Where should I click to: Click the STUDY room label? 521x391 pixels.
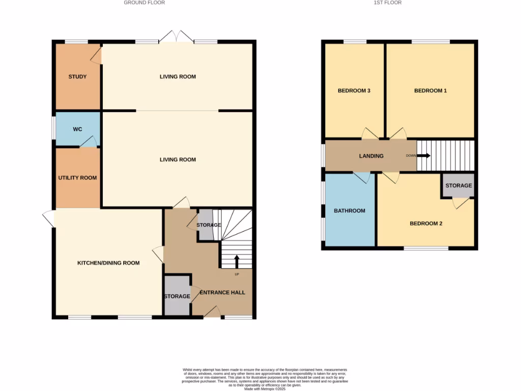point(77,77)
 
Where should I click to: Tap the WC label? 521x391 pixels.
point(77,129)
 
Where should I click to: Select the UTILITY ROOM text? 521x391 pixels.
point(77,178)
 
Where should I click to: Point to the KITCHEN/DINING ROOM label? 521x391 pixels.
point(108,263)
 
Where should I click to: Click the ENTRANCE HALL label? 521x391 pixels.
point(222,292)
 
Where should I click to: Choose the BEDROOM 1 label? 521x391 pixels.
point(430,91)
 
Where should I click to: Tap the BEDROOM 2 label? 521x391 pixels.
point(426,223)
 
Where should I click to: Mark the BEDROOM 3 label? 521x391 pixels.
point(354,91)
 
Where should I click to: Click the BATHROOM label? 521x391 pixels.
point(350,210)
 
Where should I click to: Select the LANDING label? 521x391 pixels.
point(371,156)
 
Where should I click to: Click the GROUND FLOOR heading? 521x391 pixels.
point(144,3)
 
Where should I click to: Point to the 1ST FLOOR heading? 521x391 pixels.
point(388,3)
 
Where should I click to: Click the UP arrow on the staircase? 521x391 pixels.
point(237,261)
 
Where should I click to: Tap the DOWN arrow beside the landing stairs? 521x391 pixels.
point(423,156)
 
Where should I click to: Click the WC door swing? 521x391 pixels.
point(90,142)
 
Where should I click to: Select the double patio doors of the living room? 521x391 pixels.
point(176,37)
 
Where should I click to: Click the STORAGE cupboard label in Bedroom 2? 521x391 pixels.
point(458,185)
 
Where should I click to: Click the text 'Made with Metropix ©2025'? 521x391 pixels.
point(265,389)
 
